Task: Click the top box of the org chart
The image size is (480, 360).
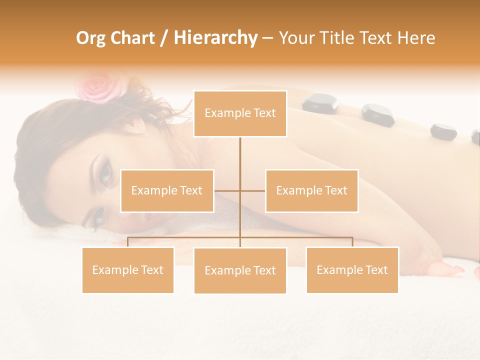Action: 240,113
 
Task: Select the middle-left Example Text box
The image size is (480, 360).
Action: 167,190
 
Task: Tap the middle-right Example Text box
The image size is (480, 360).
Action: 311,190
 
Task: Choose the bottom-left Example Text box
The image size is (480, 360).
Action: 128,270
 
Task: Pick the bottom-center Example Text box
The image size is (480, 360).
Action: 240,270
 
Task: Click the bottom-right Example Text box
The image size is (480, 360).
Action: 352,270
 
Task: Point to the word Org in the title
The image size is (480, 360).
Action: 91,38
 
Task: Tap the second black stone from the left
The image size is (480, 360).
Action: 378,114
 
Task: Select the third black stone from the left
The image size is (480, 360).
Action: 443,131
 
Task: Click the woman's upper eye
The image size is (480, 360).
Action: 105,173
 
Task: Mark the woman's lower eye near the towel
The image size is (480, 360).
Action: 98,217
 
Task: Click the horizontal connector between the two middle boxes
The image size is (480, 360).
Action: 239,190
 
